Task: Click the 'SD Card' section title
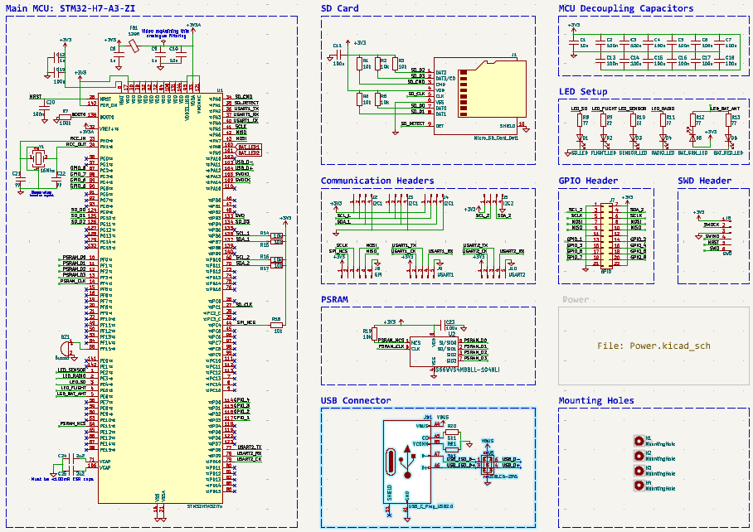(340, 8)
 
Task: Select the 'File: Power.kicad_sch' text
(653, 346)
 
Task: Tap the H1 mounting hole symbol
(638, 440)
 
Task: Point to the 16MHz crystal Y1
(36, 157)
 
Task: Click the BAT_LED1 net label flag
(249, 147)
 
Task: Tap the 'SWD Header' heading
(704, 181)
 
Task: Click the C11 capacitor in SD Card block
(338, 55)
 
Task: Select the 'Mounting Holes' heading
(596, 400)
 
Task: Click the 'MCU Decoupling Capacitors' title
(625, 8)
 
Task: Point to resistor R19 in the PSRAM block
(368, 335)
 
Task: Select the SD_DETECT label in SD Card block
(412, 123)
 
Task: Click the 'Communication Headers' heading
(377, 181)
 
